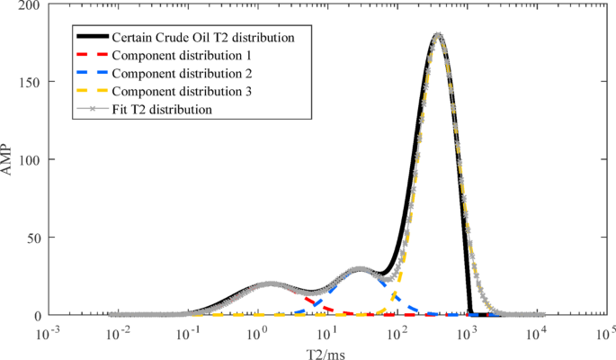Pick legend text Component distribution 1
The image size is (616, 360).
pyautogui.click(x=174, y=56)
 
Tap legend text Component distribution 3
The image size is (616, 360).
pyautogui.click(x=174, y=92)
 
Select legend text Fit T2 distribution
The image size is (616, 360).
pyautogui.click(x=161, y=110)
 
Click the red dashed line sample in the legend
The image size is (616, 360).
pyautogui.click(x=90, y=56)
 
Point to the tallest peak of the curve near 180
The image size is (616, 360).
pyautogui.click(x=438, y=36)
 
